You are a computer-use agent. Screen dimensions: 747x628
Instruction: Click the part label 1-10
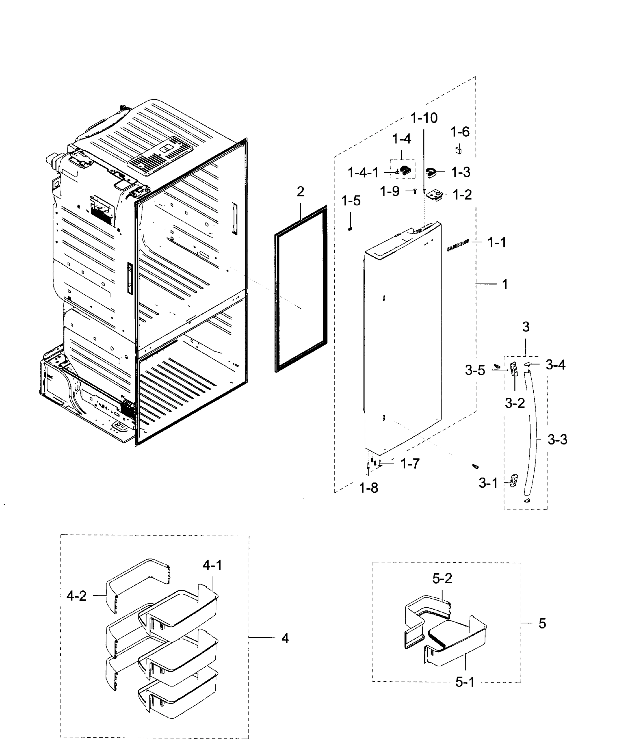424,118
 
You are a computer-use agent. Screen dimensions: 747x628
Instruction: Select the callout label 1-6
460,132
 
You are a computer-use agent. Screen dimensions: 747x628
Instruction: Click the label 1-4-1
363,173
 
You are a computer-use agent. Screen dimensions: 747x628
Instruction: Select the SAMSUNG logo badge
458,246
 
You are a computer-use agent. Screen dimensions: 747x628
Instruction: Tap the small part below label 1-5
350,229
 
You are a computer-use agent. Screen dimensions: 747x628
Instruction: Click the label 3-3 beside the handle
557,440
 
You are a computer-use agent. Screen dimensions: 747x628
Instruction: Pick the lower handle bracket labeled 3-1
513,480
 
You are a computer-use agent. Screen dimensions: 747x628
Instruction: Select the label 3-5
475,370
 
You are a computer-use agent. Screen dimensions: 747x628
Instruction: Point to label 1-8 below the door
368,488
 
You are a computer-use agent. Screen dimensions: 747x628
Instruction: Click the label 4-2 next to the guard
77,596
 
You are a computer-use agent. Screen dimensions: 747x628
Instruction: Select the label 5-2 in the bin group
442,578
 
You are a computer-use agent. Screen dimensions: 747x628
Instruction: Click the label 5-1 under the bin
465,682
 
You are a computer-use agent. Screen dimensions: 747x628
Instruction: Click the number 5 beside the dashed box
542,623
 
